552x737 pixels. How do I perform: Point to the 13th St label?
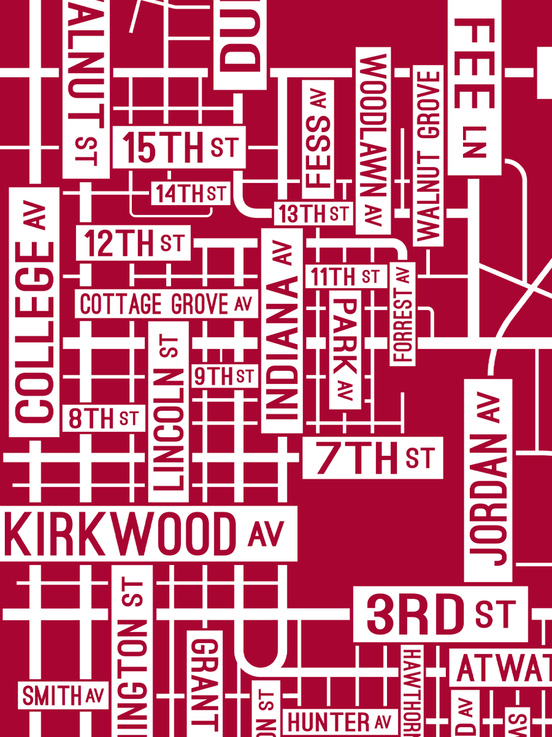(x=313, y=213)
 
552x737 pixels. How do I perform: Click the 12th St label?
(x=133, y=243)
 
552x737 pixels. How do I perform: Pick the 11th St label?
(x=345, y=277)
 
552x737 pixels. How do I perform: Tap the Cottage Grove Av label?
(x=165, y=304)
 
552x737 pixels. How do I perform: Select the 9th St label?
(x=223, y=376)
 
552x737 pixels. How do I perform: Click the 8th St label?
(x=103, y=418)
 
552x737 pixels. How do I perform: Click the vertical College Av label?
(x=34, y=312)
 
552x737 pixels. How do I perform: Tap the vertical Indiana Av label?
(x=282, y=330)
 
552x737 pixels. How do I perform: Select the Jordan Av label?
(x=488, y=480)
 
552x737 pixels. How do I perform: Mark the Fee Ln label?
(x=475, y=86)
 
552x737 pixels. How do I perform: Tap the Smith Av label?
(x=63, y=696)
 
